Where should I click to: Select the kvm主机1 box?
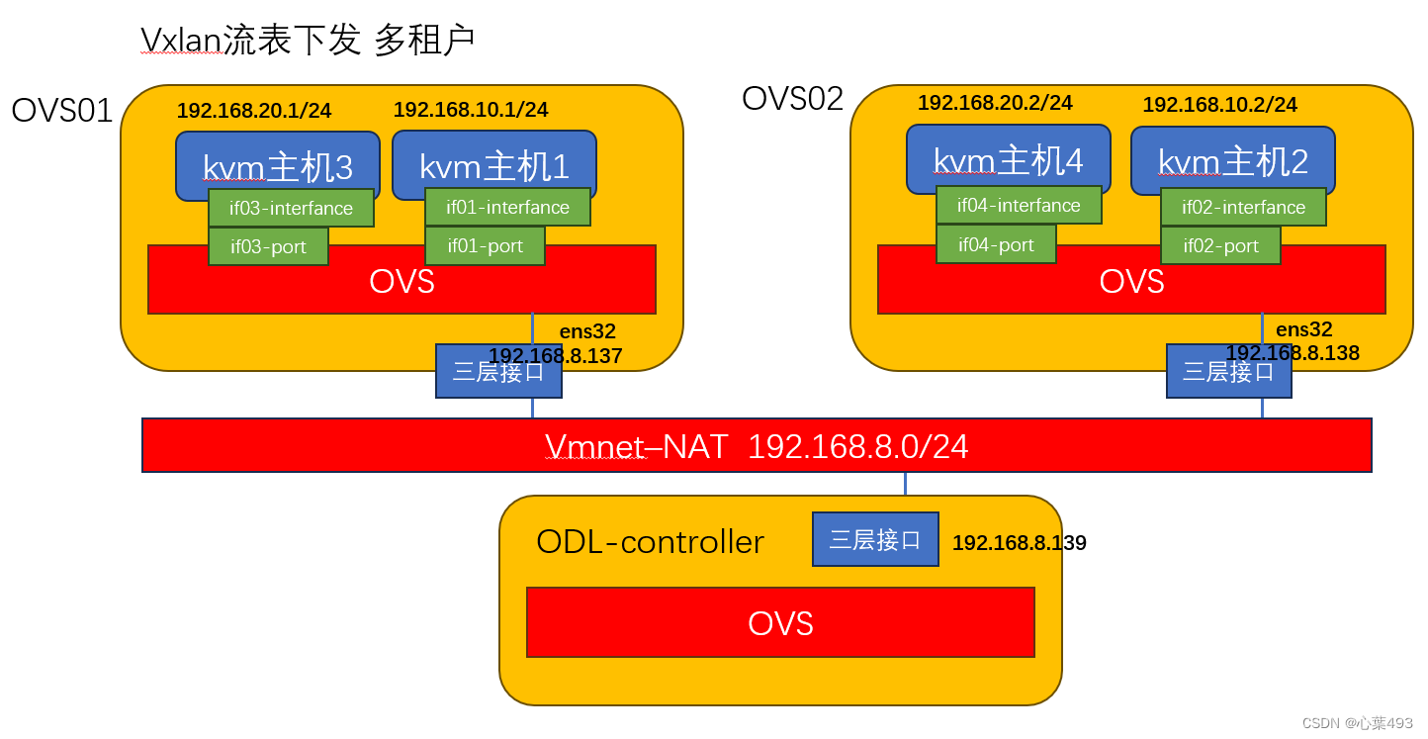(x=494, y=158)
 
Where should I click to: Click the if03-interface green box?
(x=291, y=209)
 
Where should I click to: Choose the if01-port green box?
(x=485, y=246)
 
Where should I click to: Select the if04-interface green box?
(x=1019, y=206)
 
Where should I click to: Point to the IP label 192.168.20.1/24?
(x=254, y=111)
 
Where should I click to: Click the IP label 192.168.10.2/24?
(x=1219, y=105)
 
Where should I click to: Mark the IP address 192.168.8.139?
(x=1019, y=543)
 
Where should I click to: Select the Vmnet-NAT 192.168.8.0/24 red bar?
(x=757, y=446)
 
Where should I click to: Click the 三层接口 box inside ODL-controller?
(x=875, y=539)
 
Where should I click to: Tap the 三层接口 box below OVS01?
(x=498, y=372)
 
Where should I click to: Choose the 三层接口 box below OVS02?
(x=1228, y=372)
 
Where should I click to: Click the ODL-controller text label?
(x=650, y=542)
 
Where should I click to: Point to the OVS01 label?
(x=62, y=111)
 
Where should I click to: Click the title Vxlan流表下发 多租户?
(x=308, y=40)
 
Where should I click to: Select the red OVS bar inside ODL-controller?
(x=780, y=622)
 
